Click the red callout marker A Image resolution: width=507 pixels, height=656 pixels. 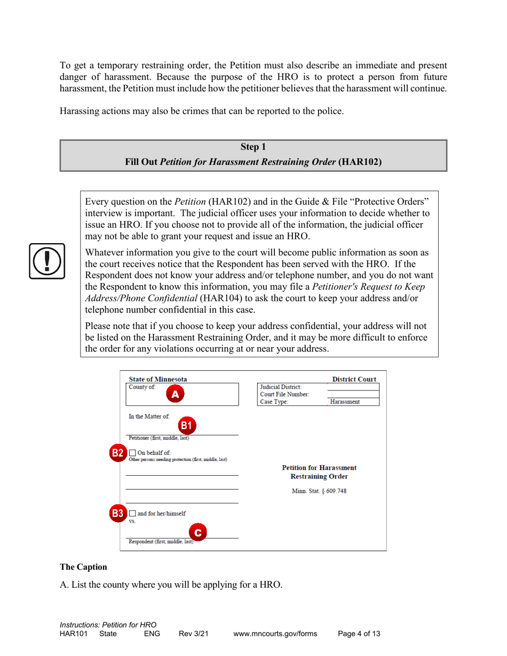[x=176, y=395]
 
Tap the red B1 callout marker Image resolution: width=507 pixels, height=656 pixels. [x=186, y=425]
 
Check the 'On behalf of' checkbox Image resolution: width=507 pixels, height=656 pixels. [x=132, y=453]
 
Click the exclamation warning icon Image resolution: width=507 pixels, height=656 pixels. [x=47, y=261]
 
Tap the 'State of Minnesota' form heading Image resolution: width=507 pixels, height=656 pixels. [x=158, y=379]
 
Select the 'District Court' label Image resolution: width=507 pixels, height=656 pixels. [x=354, y=379]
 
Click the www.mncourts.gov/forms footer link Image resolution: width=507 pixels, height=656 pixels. [x=275, y=634]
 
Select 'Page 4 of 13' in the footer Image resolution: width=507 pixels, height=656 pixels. [x=359, y=634]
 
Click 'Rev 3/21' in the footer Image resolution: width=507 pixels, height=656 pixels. [x=193, y=634]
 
